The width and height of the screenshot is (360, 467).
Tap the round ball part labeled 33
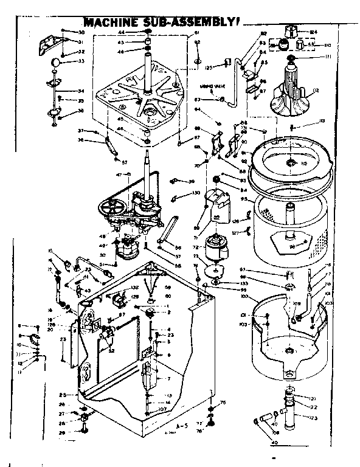pyautogui.click(x=55, y=61)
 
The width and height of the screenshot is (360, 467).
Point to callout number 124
pyautogui.click(x=314, y=31)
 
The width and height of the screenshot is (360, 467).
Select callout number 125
pyautogui.click(x=207, y=67)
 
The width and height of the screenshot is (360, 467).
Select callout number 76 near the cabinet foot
pyautogui.click(x=223, y=402)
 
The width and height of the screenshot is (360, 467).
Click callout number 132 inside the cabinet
pyautogui.click(x=134, y=287)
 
